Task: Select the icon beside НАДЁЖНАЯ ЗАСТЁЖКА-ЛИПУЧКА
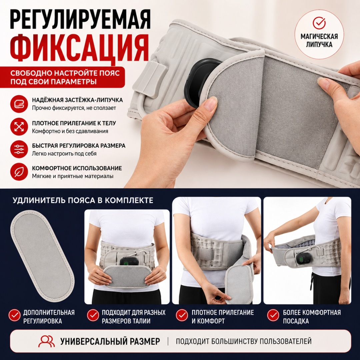coord(19,104)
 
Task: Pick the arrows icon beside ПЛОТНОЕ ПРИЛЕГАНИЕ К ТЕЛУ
coord(19,127)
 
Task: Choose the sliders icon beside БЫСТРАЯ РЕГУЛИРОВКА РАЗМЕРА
coord(19,149)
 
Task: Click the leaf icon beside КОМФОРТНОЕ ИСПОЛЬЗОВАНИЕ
coord(19,172)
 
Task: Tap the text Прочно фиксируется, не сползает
coord(74,108)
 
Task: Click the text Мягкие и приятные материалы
coord(73,176)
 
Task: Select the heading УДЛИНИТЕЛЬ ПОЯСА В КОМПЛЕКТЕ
coord(83,200)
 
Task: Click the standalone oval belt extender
coord(42,256)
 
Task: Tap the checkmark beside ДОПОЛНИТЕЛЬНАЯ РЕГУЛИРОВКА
coord(14,315)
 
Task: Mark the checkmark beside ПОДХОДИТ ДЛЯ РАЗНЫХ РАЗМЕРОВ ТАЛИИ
coord(93,315)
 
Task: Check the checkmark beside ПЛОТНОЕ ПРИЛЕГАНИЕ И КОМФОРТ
coord(182,315)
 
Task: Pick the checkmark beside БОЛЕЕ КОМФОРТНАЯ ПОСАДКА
coord(273,315)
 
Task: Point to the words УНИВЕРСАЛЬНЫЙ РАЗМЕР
coord(110,341)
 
